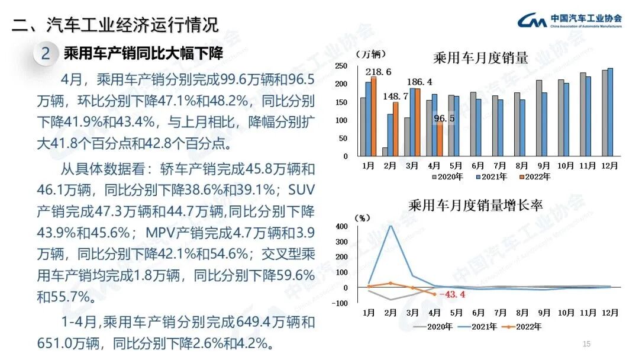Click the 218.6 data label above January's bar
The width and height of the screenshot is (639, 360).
pyautogui.click(x=381, y=72)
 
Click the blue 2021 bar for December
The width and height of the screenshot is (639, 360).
pyautogui.click(x=611, y=112)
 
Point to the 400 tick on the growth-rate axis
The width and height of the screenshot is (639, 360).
pyautogui.click(x=342, y=226)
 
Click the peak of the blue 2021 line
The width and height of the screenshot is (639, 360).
pyautogui.click(x=390, y=225)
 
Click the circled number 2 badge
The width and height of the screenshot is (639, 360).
pyautogui.click(x=45, y=54)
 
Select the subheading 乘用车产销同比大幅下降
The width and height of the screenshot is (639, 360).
pyautogui.click(x=143, y=53)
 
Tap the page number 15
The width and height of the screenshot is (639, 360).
pyautogui.click(x=587, y=344)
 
